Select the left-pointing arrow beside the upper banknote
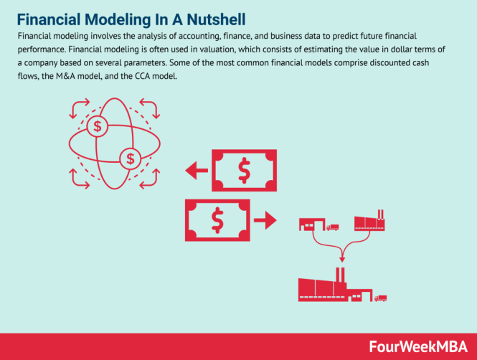(194, 171)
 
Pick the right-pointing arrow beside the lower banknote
(265, 219)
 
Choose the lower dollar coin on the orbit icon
(129, 157)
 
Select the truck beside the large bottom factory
(381, 298)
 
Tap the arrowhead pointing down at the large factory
(344, 257)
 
